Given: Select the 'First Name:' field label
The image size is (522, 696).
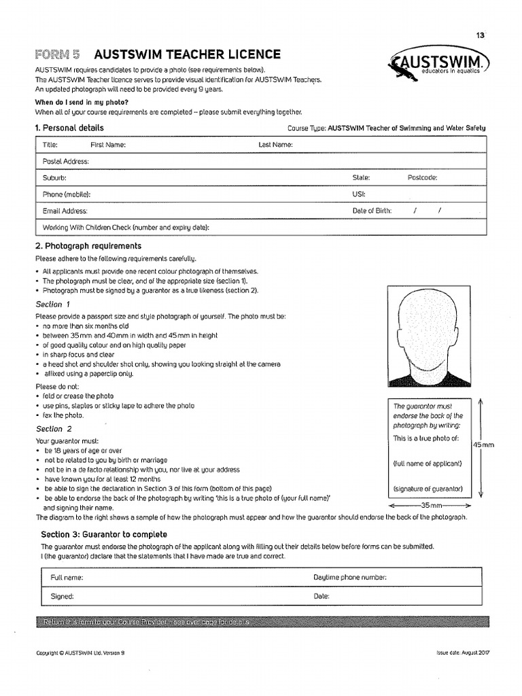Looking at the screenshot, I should click(x=108, y=145).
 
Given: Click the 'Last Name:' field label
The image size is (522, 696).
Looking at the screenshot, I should click(x=275, y=145).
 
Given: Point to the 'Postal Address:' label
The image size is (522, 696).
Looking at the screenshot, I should click(x=66, y=161).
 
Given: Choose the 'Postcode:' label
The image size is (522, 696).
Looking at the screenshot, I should click(x=422, y=177).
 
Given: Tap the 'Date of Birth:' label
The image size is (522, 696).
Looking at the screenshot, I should click(x=372, y=211).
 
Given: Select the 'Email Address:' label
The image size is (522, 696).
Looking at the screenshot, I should click(x=65, y=211).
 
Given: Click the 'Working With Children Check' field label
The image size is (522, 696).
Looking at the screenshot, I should click(x=126, y=228).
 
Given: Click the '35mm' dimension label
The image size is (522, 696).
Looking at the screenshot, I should click(x=430, y=506).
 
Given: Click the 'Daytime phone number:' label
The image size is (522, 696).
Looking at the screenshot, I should click(x=349, y=577).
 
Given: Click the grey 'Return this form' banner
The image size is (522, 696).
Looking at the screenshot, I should click(x=261, y=622).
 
